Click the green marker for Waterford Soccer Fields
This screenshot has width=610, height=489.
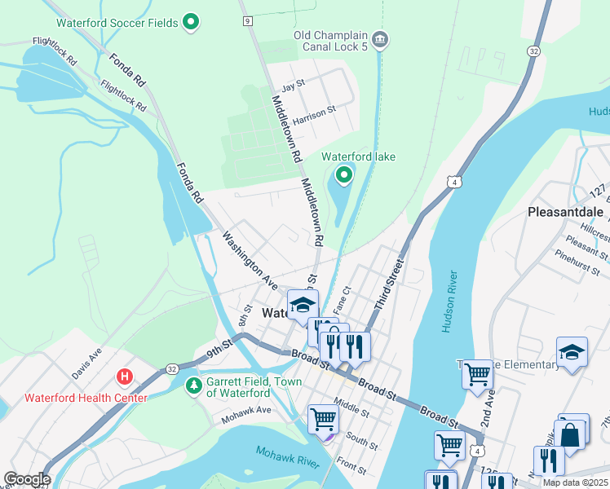[191, 22]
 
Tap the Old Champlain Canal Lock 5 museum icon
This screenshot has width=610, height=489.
[379, 39]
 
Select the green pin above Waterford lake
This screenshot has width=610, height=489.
[344, 174]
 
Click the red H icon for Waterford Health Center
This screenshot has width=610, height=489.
[125, 377]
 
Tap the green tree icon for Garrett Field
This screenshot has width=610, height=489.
[193, 385]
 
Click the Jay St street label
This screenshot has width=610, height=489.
[292, 86]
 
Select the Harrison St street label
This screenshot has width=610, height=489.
[315, 112]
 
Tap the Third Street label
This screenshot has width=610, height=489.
[389, 284]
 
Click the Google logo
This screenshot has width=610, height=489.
[26, 479]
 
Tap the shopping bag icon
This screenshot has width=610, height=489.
[572, 435]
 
